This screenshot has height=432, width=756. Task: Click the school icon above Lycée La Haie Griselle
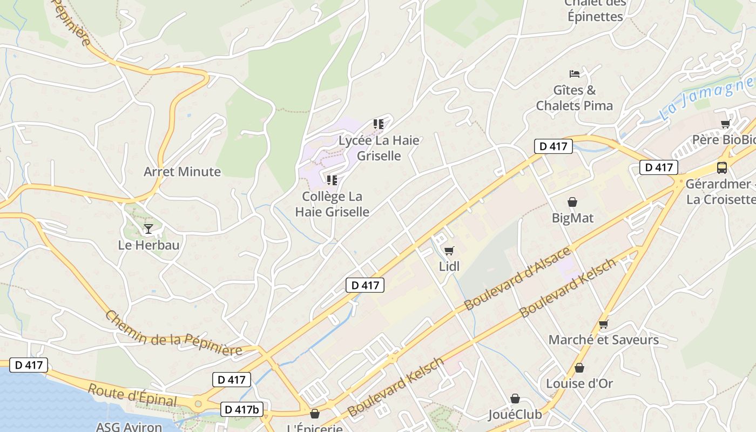pyautogui.click(x=378, y=124)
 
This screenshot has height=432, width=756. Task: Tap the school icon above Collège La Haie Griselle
pyautogui.click(x=332, y=180)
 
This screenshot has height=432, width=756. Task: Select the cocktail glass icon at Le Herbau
pyautogui.click(x=148, y=229)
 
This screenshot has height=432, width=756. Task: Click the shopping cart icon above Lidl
pyautogui.click(x=449, y=251)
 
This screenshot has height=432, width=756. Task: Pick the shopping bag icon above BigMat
pyautogui.click(x=572, y=202)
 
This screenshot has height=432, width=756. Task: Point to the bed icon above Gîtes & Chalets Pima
pyautogui.click(x=575, y=73)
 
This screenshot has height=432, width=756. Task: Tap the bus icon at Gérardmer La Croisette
pyautogui.click(x=721, y=167)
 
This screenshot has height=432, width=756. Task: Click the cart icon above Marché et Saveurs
pyautogui.click(x=603, y=324)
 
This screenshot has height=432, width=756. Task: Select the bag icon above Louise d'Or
pyautogui.click(x=579, y=368)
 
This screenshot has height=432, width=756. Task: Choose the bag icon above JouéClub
pyautogui.click(x=515, y=399)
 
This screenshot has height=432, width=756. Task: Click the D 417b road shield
pyautogui.click(x=242, y=409)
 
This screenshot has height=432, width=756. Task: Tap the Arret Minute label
pyautogui.click(x=182, y=172)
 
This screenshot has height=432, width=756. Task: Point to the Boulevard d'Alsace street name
pyautogui.click(x=517, y=278)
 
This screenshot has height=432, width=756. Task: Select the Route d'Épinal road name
pyautogui.click(x=132, y=395)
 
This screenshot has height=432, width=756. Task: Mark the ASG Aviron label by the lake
pyautogui.click(x=129, y=427)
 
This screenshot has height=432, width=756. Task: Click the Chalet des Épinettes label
pyautogui.click(x=596, y=10)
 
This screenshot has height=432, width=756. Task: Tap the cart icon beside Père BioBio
pyautogui.click(x=725, y=124)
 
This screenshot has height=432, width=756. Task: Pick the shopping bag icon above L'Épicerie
pyautogui.click(x=314, y=414)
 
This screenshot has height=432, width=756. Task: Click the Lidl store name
pyautogui.click(x=449, y=266)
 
